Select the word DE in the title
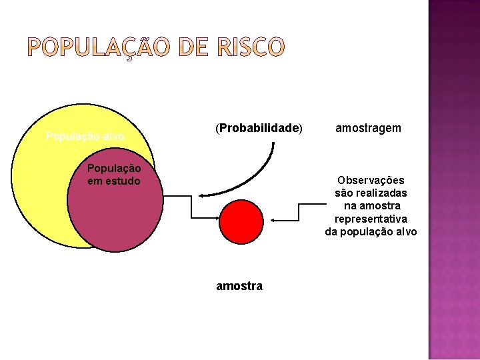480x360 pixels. coord(191,47)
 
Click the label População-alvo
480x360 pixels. coord(85,136)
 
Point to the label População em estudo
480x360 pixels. coord(114,175)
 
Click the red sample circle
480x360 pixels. coord(241,222)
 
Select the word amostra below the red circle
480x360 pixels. coord(239,286)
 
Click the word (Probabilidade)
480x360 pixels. coord(258,127)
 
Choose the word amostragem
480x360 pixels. coord(368,127)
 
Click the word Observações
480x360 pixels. coord(371,181)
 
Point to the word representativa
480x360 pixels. coord(371,219)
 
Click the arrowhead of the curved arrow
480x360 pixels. coord(201,195)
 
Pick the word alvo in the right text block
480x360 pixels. coord(405,231)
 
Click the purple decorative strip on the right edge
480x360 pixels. coord(453,180)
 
